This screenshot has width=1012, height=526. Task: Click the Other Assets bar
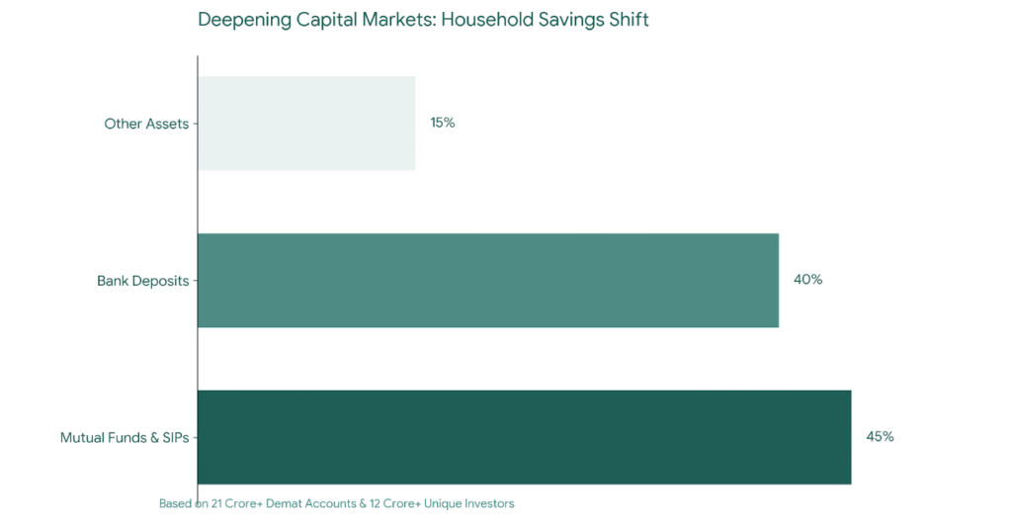tap(306, 124)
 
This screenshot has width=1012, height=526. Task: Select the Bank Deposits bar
tap(488, 280)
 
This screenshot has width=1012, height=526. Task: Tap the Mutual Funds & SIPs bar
tap(524, 437)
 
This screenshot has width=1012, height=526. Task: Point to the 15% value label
tap(442, 123)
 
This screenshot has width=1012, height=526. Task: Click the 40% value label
tap(807, 280)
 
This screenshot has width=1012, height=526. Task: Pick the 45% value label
tap(880, 437)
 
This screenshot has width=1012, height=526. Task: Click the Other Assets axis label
tap(146, 124)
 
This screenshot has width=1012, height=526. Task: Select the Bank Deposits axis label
tap(142, 281)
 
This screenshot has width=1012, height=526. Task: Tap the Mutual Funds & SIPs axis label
tap(125, 437)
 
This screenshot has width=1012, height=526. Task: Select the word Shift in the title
tap(629, 20)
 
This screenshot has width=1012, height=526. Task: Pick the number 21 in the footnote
tap(216, 503)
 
